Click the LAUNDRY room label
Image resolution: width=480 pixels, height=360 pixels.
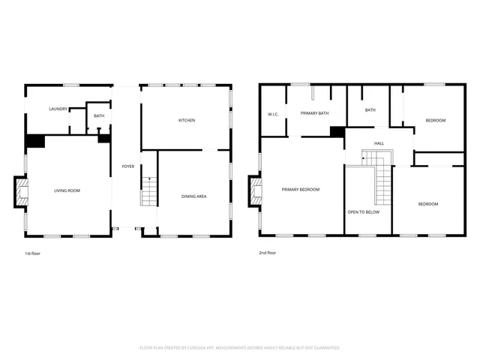(58, 109)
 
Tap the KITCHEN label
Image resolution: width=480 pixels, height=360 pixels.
(187, 121)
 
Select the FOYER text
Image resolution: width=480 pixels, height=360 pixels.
(128, 166)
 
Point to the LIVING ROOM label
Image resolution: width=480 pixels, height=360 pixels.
(67, 190)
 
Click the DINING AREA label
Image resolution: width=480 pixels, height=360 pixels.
(194, 196)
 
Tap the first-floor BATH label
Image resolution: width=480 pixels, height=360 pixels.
(99, 115)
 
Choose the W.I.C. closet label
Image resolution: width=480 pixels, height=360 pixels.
(273, 114)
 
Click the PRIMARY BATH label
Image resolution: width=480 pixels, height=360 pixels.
(315, 112)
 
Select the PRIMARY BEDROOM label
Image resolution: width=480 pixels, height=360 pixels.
(301, 190)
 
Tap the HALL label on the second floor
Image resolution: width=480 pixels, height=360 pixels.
(379, 142)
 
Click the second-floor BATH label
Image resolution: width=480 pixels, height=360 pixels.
(370, 110)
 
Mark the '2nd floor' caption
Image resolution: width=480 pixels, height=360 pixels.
(268, 253)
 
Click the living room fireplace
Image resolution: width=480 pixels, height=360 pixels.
(22, 191)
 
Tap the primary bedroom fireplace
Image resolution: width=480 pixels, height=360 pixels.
(256, 190)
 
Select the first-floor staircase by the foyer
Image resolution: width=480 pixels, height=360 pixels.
(149, 192)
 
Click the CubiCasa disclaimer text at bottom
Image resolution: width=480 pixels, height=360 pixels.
(240, 347)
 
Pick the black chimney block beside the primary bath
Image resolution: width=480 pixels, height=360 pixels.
(337, 132)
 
